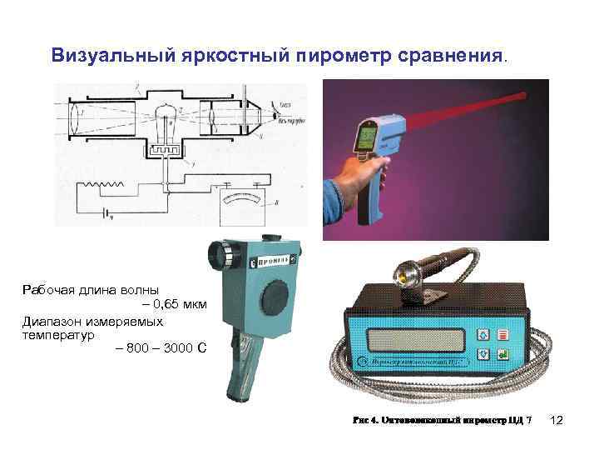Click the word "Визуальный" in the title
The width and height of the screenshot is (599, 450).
pos(112,56)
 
